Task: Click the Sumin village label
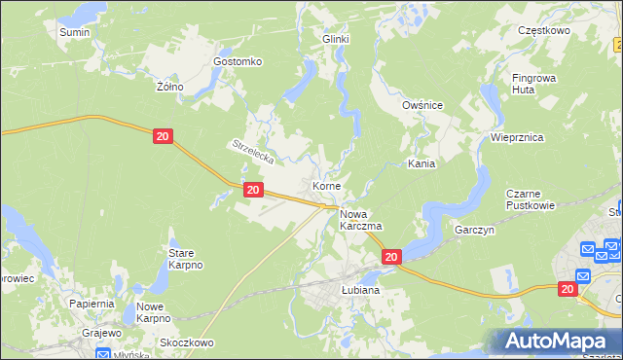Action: tap(74, 32)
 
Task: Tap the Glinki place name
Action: tap(336, 39)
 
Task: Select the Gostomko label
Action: tap(238, 61)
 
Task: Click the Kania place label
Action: tap(421, 164)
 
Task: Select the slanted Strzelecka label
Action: tap(255, 152)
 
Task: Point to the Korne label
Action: tap(326, 185)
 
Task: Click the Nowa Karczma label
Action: tap(360, 219)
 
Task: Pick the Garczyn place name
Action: tap(476, 231)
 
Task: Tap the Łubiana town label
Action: tap(360, 290)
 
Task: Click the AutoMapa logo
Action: tap(556, 342)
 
